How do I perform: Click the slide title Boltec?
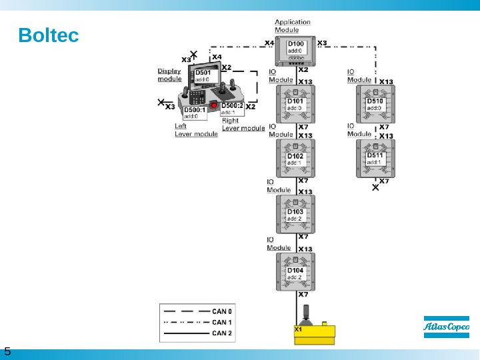click(x=49, y=34)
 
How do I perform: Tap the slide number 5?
click(x=7, y=351)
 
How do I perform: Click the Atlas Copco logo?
click(x=446, y=327)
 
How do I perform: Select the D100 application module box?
click(x=296, y=49)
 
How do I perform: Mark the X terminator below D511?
click(x=375, y=188)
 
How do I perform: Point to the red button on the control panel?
click(x=214, y=106)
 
